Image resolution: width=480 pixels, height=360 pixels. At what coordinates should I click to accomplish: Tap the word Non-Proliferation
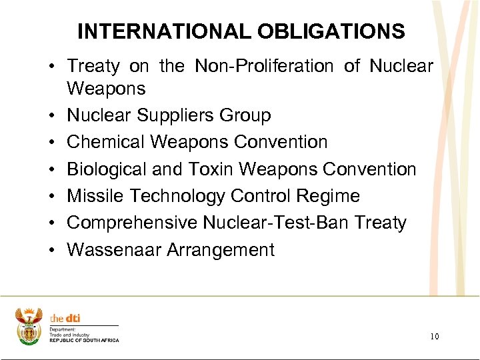[x=264, y=66]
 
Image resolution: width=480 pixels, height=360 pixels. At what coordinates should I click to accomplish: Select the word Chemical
[x=105, y=142]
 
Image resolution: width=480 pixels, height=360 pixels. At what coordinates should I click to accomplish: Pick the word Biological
[x=107, y=169]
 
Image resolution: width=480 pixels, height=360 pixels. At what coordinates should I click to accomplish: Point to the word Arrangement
[x=220, y=250]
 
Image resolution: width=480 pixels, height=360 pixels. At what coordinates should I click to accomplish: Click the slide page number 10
[x=435, y=337]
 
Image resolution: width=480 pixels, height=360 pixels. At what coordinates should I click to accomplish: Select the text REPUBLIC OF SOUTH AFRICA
[x=84, y=340]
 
